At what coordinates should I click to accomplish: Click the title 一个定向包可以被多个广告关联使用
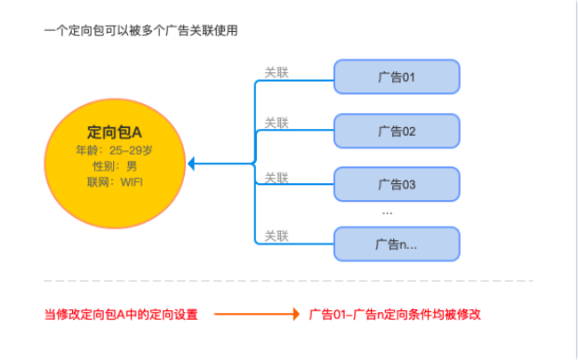pos(140,31)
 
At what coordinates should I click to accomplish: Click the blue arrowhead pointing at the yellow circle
pos(193,164)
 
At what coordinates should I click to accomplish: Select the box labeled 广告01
pos(396,77)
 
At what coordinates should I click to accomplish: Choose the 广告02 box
pos(396,132)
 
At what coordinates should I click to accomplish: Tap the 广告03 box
pos(396,185)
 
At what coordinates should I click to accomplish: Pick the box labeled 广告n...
pos(396,244)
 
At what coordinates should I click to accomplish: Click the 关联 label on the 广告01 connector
pos(277,71)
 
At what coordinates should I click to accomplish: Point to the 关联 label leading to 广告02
pos(277,123)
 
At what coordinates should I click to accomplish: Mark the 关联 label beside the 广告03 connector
pos(277,178)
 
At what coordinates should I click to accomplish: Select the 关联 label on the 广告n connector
pos(277,236)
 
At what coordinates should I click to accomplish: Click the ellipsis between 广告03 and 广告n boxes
pos(388,213)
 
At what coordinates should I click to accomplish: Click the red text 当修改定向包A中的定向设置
pos(121,315)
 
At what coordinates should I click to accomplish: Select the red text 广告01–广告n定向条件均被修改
pos(397,315)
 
